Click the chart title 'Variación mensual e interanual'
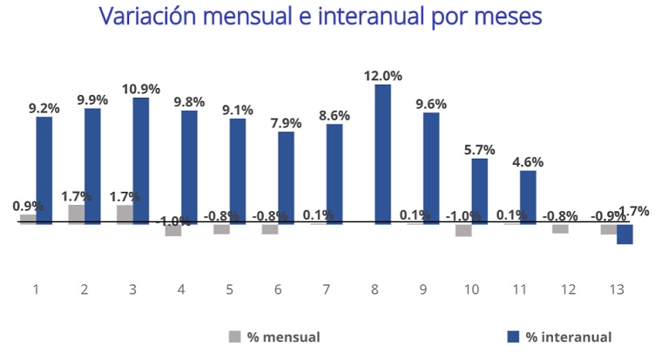tap(320, 17)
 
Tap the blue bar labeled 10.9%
tap(141, 160)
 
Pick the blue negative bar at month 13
tap(625, 234)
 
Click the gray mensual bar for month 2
tap(77, 214)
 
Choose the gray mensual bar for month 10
tap(463, 230)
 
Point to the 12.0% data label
tap(383, 76)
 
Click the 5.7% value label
tap(479, 150)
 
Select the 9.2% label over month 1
tap(44, 108)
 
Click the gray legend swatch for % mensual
tap(234, 336)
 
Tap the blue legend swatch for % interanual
tap(511, 336)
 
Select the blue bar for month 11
tap(528, 197)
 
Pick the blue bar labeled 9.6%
tap(431, 168)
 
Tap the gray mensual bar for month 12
tap(560, 228)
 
